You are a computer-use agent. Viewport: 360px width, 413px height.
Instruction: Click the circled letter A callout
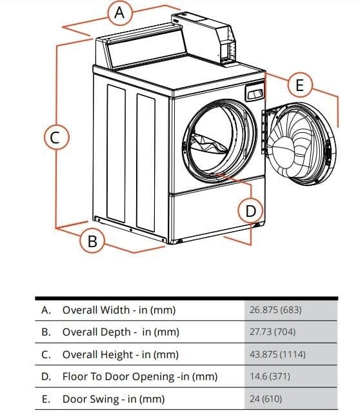pyautogui.click(x=119, y=12)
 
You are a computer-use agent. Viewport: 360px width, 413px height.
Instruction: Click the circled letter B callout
pyautogui.click(x=92, y=241)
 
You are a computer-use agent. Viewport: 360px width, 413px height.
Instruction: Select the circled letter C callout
pyautogui.click(x=55, y=137)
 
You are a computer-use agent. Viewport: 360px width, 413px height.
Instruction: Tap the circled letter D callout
pyautogui.click(x=250, y=210)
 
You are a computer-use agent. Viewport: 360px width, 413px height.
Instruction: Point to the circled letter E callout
pyautogui.click(x=299, y=85)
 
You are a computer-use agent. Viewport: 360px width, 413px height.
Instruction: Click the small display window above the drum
pyautogui.click(x=255, y=94)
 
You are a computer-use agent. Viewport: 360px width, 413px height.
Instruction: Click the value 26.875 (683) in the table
pyautogui.click(x=275, y=310)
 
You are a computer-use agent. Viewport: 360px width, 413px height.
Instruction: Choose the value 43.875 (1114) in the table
pyautogui.click(x=277, y=354)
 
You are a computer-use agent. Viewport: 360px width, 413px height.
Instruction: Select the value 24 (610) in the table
pyautogui.click(x=265, y=399)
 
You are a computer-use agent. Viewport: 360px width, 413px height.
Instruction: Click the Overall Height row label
pyautogui.click(x=120, y=354)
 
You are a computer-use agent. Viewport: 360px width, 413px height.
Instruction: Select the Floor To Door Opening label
pyautogui.click(x=139, y=376)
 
